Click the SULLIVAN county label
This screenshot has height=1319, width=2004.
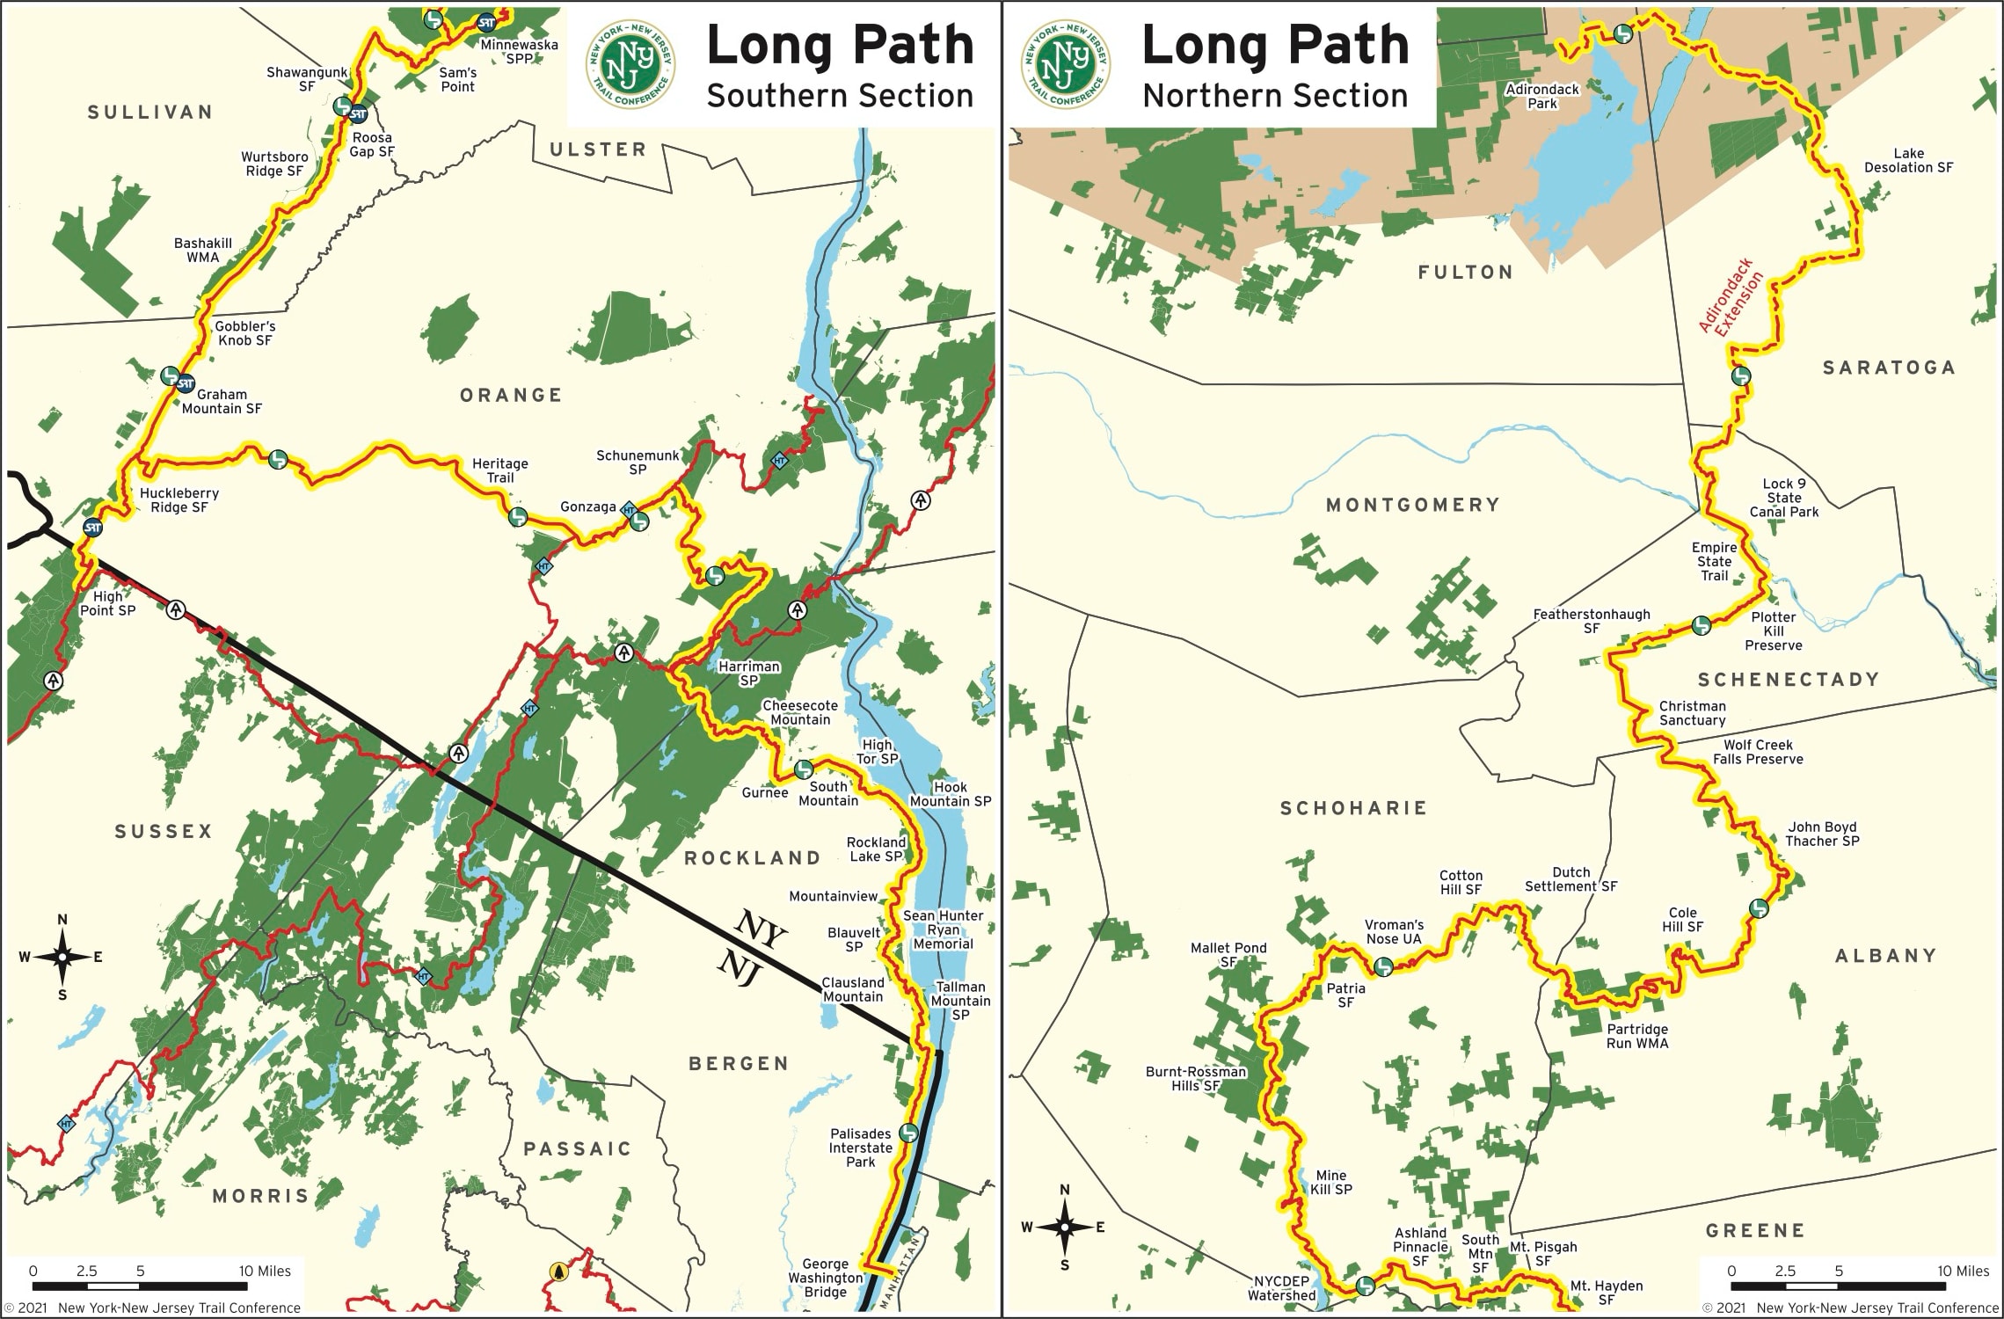click(x=150, y=113)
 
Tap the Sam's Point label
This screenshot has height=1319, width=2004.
click(x=457, y=80)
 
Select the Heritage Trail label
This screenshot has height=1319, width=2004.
click(x=499, y=470)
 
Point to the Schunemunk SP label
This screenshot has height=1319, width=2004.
click(x=638, y=463)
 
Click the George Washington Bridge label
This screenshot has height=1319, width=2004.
click(x=825, y=1278)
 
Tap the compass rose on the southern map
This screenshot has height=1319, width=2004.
click(x=62, y=958)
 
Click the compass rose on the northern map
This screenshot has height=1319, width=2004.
click(x=1064, y=1228)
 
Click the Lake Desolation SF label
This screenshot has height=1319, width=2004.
click(x=1908, y=160)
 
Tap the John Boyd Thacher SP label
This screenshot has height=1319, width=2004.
click(x=1822, y=834)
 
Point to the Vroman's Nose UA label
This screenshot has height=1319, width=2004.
click(x=1394, y=931)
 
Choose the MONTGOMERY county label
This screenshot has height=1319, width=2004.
click(x=1412, y=505)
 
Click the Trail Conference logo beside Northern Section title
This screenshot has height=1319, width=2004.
click(x=1066, y=65)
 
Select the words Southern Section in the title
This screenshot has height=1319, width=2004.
click(x=839, y=96)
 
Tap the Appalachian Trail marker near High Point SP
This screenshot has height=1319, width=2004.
click(x=177, y=609)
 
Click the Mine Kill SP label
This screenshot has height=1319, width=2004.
click(x=1330, y=1182)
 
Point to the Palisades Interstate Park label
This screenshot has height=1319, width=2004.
click(x=860, y=1148)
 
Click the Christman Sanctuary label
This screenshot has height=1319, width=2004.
click(x=1692, y=713)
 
